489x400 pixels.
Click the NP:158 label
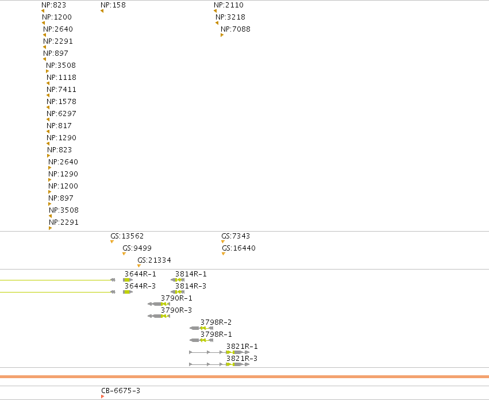point(113,5)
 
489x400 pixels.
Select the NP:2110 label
point(229,5)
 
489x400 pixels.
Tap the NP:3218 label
point(230,17)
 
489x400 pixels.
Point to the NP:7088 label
point(236,29)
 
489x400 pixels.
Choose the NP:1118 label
point(61,78)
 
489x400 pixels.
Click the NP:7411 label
point(61,90)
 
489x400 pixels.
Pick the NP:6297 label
point(61,114)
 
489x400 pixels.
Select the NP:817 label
point(59,126)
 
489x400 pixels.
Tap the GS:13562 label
point(127,236)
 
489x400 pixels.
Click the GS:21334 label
point(155,260)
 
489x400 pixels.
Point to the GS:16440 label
point(238,248)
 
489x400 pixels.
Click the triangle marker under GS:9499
point(124,253)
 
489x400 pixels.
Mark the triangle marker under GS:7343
point(223,241)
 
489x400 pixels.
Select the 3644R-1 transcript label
point(140,274)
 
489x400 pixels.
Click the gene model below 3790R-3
point(159,316)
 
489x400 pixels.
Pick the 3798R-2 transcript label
point(216,322)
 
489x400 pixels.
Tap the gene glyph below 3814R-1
point(178,280)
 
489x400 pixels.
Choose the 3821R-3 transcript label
point(242,359)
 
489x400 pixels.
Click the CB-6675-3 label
point(121,391)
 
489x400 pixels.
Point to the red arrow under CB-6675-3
point(103,397)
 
